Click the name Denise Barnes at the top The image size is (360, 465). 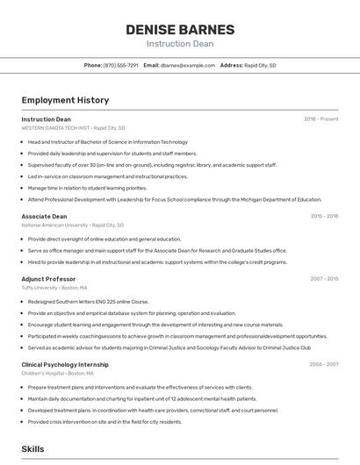coord(179,29)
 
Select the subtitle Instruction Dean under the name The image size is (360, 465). coord(179,43)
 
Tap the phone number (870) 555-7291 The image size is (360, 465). coord(120,65)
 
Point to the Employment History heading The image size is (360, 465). coord(65,101)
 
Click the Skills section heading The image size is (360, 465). coord(32,449)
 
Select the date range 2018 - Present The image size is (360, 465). coord(320,119)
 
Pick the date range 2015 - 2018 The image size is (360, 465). coord(324,216)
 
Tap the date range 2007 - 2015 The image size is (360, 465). coord(324,279)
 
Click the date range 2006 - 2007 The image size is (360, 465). coord(324,364)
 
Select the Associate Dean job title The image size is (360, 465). coord(44,216)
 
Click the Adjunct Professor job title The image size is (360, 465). coord(48,279)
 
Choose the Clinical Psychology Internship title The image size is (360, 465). coord(65,364)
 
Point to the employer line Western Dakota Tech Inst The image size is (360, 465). coord(73,127)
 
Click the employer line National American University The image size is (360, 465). coord(73,225)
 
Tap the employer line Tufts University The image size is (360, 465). coord(54,287)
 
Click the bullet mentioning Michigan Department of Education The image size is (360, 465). coord(174,199)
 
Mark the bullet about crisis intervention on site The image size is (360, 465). coord(104,421)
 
